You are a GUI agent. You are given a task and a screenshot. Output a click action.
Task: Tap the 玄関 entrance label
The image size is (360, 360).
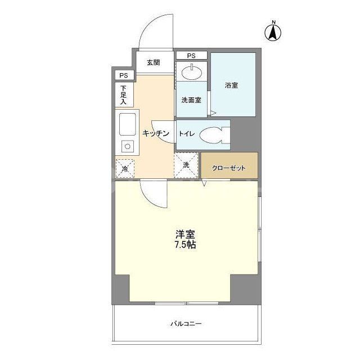point(154,62)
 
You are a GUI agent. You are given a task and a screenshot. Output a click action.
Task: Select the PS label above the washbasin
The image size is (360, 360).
point(191,56)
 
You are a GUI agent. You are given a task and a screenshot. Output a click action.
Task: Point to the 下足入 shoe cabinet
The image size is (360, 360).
point(124,95)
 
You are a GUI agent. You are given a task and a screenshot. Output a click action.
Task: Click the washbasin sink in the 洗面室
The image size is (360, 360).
point(192,71)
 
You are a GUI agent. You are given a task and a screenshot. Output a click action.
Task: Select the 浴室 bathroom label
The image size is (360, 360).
point(231,85)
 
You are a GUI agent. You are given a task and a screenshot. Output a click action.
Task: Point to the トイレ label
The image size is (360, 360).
point(187,134)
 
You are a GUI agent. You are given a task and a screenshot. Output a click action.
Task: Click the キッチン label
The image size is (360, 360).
point(155,133)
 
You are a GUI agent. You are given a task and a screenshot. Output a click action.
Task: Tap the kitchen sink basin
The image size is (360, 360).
point(127,124)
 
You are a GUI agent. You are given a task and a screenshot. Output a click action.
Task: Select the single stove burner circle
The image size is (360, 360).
point(127,147)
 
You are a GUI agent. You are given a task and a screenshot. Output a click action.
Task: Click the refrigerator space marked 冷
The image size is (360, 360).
point(125,167)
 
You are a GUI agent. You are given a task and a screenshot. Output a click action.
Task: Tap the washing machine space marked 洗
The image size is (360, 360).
point(186,165)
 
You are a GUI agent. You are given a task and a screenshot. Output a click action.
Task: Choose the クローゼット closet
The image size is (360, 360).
point(229,167)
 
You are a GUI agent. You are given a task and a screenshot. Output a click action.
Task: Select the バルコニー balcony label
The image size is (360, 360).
point(186,325)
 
